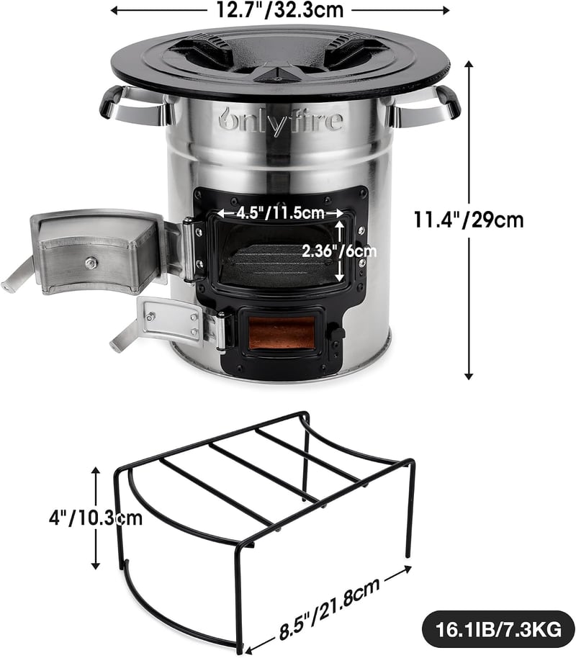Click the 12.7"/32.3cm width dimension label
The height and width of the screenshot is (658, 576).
point(279,9)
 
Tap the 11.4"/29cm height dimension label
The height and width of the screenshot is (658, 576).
point(469,220)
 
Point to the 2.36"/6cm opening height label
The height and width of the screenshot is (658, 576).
point(339,251)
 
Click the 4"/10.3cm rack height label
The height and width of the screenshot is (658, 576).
point(96,518)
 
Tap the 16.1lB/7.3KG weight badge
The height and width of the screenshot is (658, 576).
point(498,629)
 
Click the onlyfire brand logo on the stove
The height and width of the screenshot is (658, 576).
point(281,120)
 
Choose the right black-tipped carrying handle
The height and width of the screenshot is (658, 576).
point(424,106)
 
